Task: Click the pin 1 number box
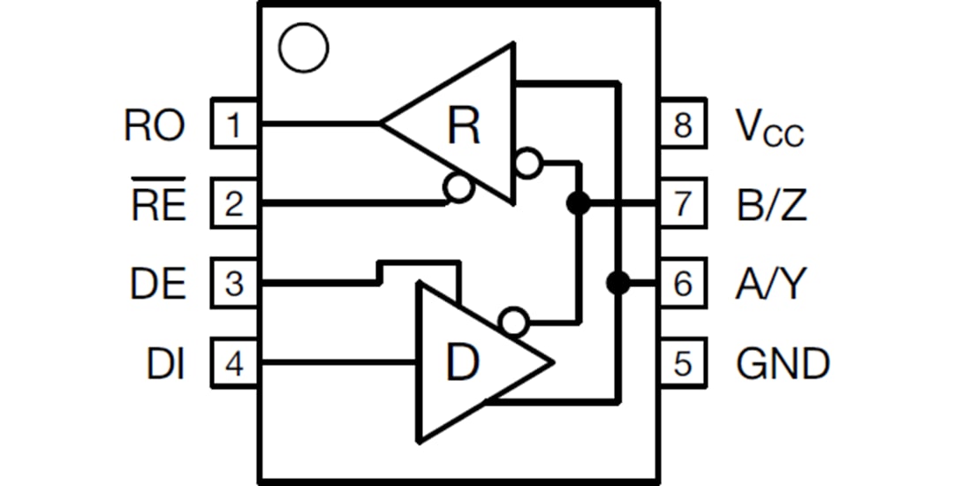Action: (233, 125)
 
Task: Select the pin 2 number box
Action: (233, 204)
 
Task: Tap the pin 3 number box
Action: (233, 284)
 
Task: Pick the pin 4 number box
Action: (233, 362)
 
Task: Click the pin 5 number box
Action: (683, 362)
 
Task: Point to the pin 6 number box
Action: (683, 284)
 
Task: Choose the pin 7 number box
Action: (683, 204)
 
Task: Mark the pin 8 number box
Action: (683, 125)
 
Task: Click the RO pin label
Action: (155, 125)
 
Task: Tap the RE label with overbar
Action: (158, 202)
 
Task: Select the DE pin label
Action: (157, 284)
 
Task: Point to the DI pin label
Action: (166, 362)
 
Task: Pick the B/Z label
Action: (771, 204)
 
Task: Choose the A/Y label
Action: (770, 284)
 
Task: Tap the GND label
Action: (783, 362)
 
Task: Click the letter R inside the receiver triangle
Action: (463, 125)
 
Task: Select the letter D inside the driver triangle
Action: (461, 362)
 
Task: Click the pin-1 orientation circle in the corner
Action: (302, 48)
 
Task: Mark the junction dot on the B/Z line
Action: (578, 204)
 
